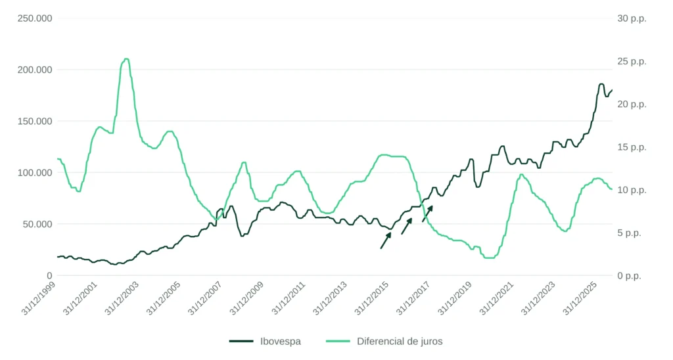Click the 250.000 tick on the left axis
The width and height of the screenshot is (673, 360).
tap(35, 18)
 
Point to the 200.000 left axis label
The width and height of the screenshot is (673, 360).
tap(35, 70)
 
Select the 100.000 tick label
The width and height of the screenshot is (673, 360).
tap(35, 173)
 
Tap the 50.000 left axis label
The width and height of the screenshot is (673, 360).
tap(37, 224)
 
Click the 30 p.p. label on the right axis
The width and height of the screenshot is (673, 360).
tap(632, 18)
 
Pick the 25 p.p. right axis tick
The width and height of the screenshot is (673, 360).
tap(632, 61)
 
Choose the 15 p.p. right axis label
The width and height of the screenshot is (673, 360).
tap(632, 147)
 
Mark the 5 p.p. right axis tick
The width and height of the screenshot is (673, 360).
tap(629, 233)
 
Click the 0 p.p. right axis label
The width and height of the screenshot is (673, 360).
tap(629, 276)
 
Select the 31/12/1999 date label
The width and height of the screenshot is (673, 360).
tap(39, 299)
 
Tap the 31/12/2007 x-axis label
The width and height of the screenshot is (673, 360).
tap(205, 299)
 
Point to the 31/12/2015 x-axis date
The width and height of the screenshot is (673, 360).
tap(372, 299)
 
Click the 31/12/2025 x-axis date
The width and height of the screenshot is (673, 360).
tap(580, 299)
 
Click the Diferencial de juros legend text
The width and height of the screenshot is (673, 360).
tap(400, 342)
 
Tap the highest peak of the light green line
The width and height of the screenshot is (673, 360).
tap(126, 58)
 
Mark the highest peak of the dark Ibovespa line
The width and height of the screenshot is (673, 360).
tap(601, 84)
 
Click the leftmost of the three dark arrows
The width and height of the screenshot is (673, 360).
tap(385, 240)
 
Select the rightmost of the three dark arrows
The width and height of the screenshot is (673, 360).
tap(427, 214)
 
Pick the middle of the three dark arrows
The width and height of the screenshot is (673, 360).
tap(406, 226)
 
